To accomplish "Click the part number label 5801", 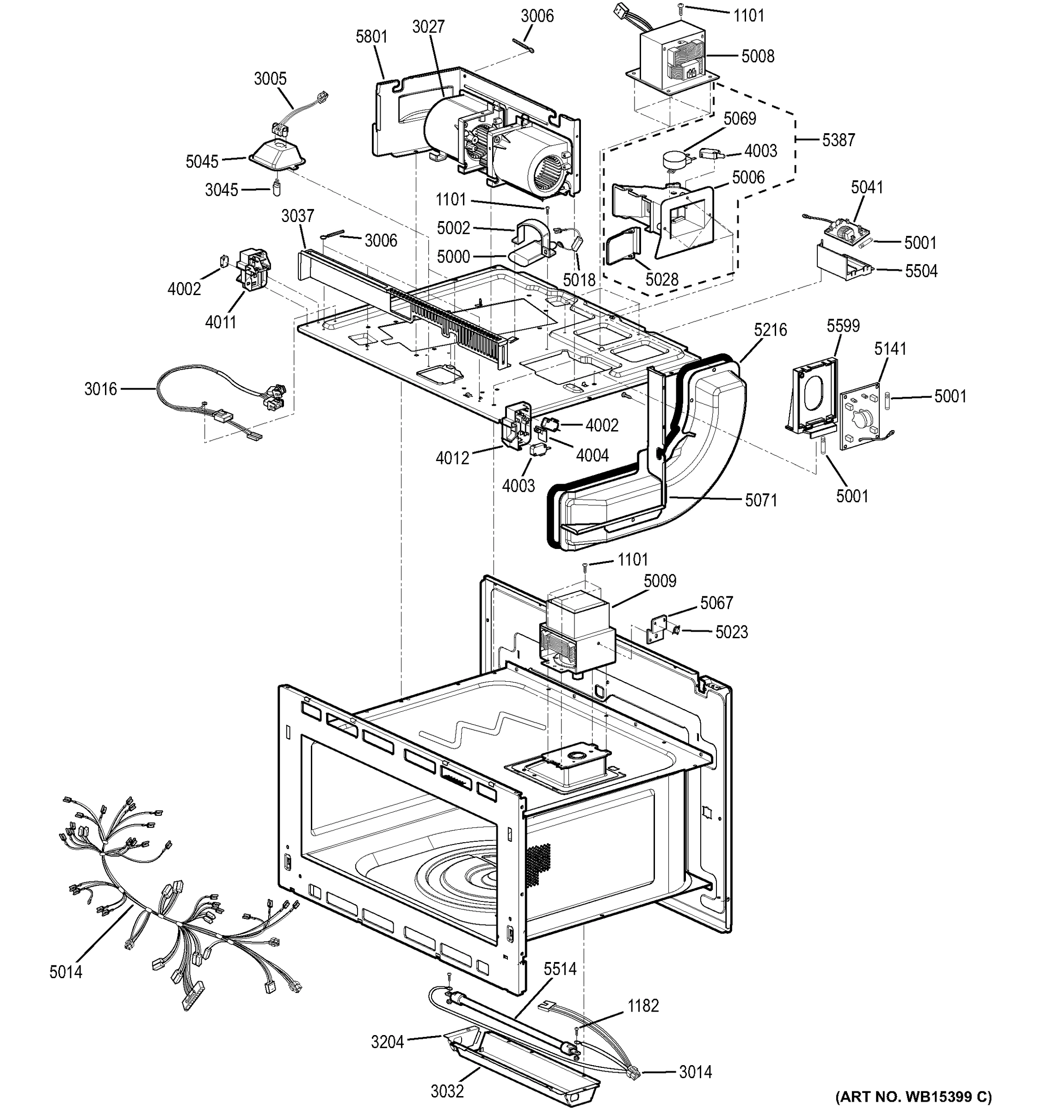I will (x=371, y=37).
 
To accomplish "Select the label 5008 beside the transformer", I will (x=758, y=56).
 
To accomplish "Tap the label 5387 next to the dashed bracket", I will (x=838, y=140).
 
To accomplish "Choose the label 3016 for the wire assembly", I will (x=100, y=389).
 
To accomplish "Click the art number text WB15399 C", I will (x=913, y=1096).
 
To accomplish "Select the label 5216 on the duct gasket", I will (x=770, y=330).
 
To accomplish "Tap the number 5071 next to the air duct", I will (x=760, y=500).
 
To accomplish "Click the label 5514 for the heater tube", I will (x=560, y=969).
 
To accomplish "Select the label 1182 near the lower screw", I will (x=643, y=1005).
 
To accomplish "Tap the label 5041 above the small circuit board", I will (x=867, y=188).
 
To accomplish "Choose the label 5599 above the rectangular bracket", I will (x=843, y=326).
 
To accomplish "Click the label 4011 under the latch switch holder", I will (x=221, y=322).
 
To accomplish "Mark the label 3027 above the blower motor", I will (x=428, y=27).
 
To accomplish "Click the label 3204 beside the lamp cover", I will (x=388, y=1042).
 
